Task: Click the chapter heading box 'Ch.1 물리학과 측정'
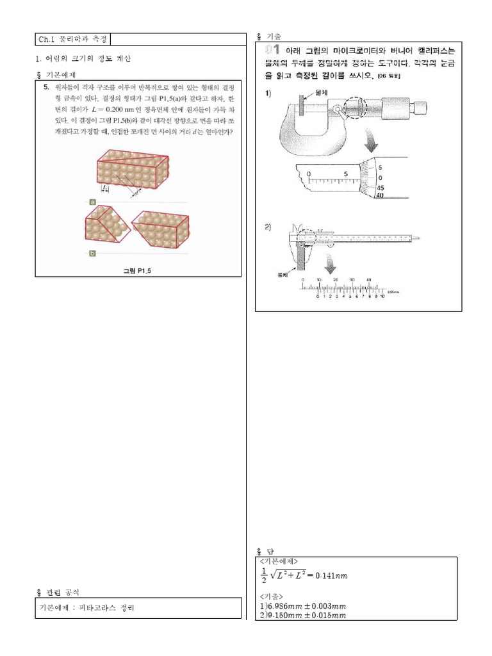coord(73,40)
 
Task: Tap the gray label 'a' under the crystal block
coord(93,201)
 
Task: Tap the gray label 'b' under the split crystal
coord(93,253)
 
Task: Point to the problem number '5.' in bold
coord(47,86)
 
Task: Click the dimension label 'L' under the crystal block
coord(105,188)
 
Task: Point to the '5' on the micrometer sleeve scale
coord(345,174)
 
